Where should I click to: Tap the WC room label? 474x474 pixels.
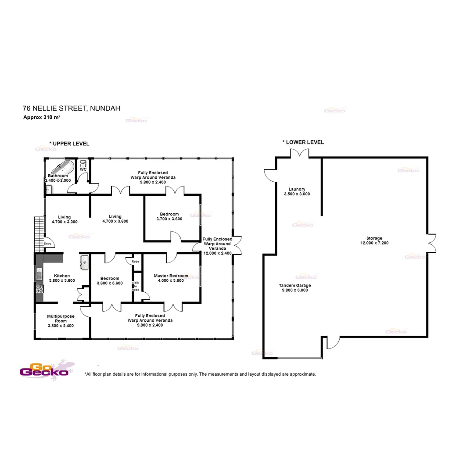point(83,169)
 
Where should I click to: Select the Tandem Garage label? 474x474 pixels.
point(295,285)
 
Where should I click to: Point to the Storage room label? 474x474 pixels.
point(374,238)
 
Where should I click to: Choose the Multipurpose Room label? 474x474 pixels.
point(61,318)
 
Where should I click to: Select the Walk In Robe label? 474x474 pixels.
point(136,286)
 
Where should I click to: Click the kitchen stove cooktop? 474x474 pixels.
point(39,289)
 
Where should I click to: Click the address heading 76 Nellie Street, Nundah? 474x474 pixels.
point(72,108)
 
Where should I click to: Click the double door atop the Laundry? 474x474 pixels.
point(300,153)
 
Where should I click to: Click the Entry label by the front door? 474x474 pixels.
point(47,244)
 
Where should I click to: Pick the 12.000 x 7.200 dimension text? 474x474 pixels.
point(374,243)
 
